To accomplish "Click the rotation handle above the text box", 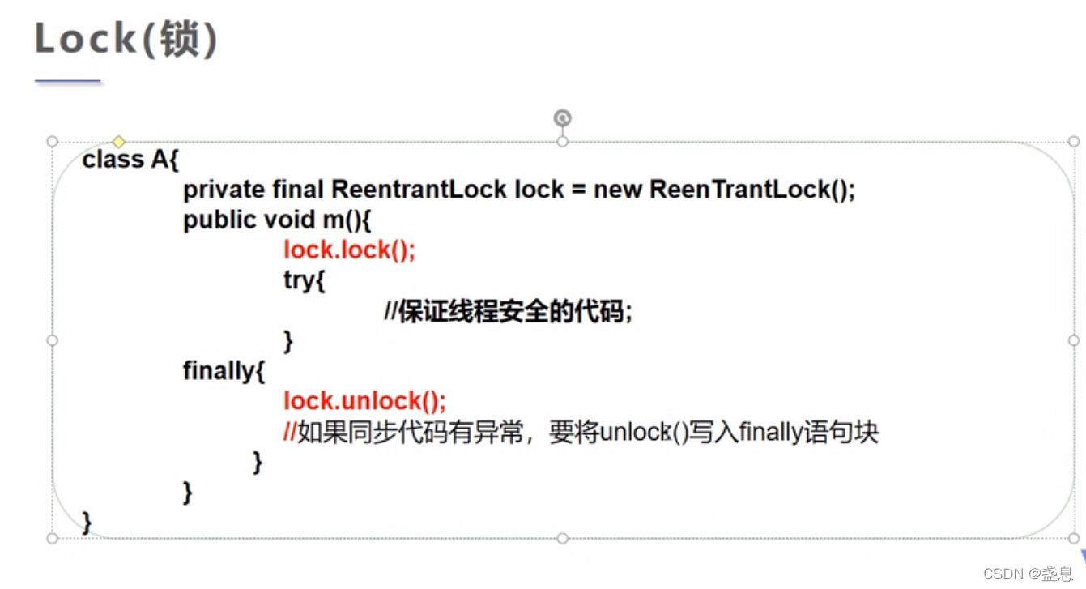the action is pos(562,119).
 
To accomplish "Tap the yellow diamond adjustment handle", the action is pos(119,142).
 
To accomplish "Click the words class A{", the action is pos(130,160).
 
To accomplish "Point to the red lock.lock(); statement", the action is pos(349,250).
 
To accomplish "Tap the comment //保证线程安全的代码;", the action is pos(508,311).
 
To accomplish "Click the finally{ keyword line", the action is pos(224,371).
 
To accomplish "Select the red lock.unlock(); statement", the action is pos(364,401).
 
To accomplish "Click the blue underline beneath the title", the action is pos(68,81).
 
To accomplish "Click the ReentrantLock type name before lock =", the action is pos(419,190).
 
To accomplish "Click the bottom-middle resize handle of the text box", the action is pos(562,538).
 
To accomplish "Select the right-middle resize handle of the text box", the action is pos(1074,339).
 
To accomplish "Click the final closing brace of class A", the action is pos(87,521).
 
